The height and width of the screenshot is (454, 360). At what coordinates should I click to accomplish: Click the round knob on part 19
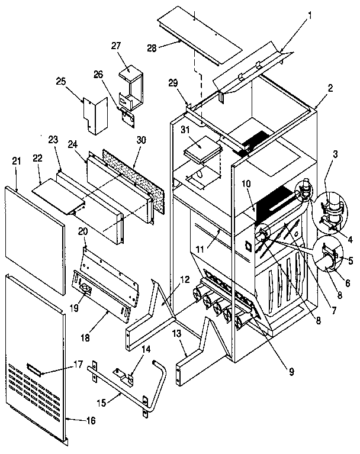[x=85, y=289]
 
